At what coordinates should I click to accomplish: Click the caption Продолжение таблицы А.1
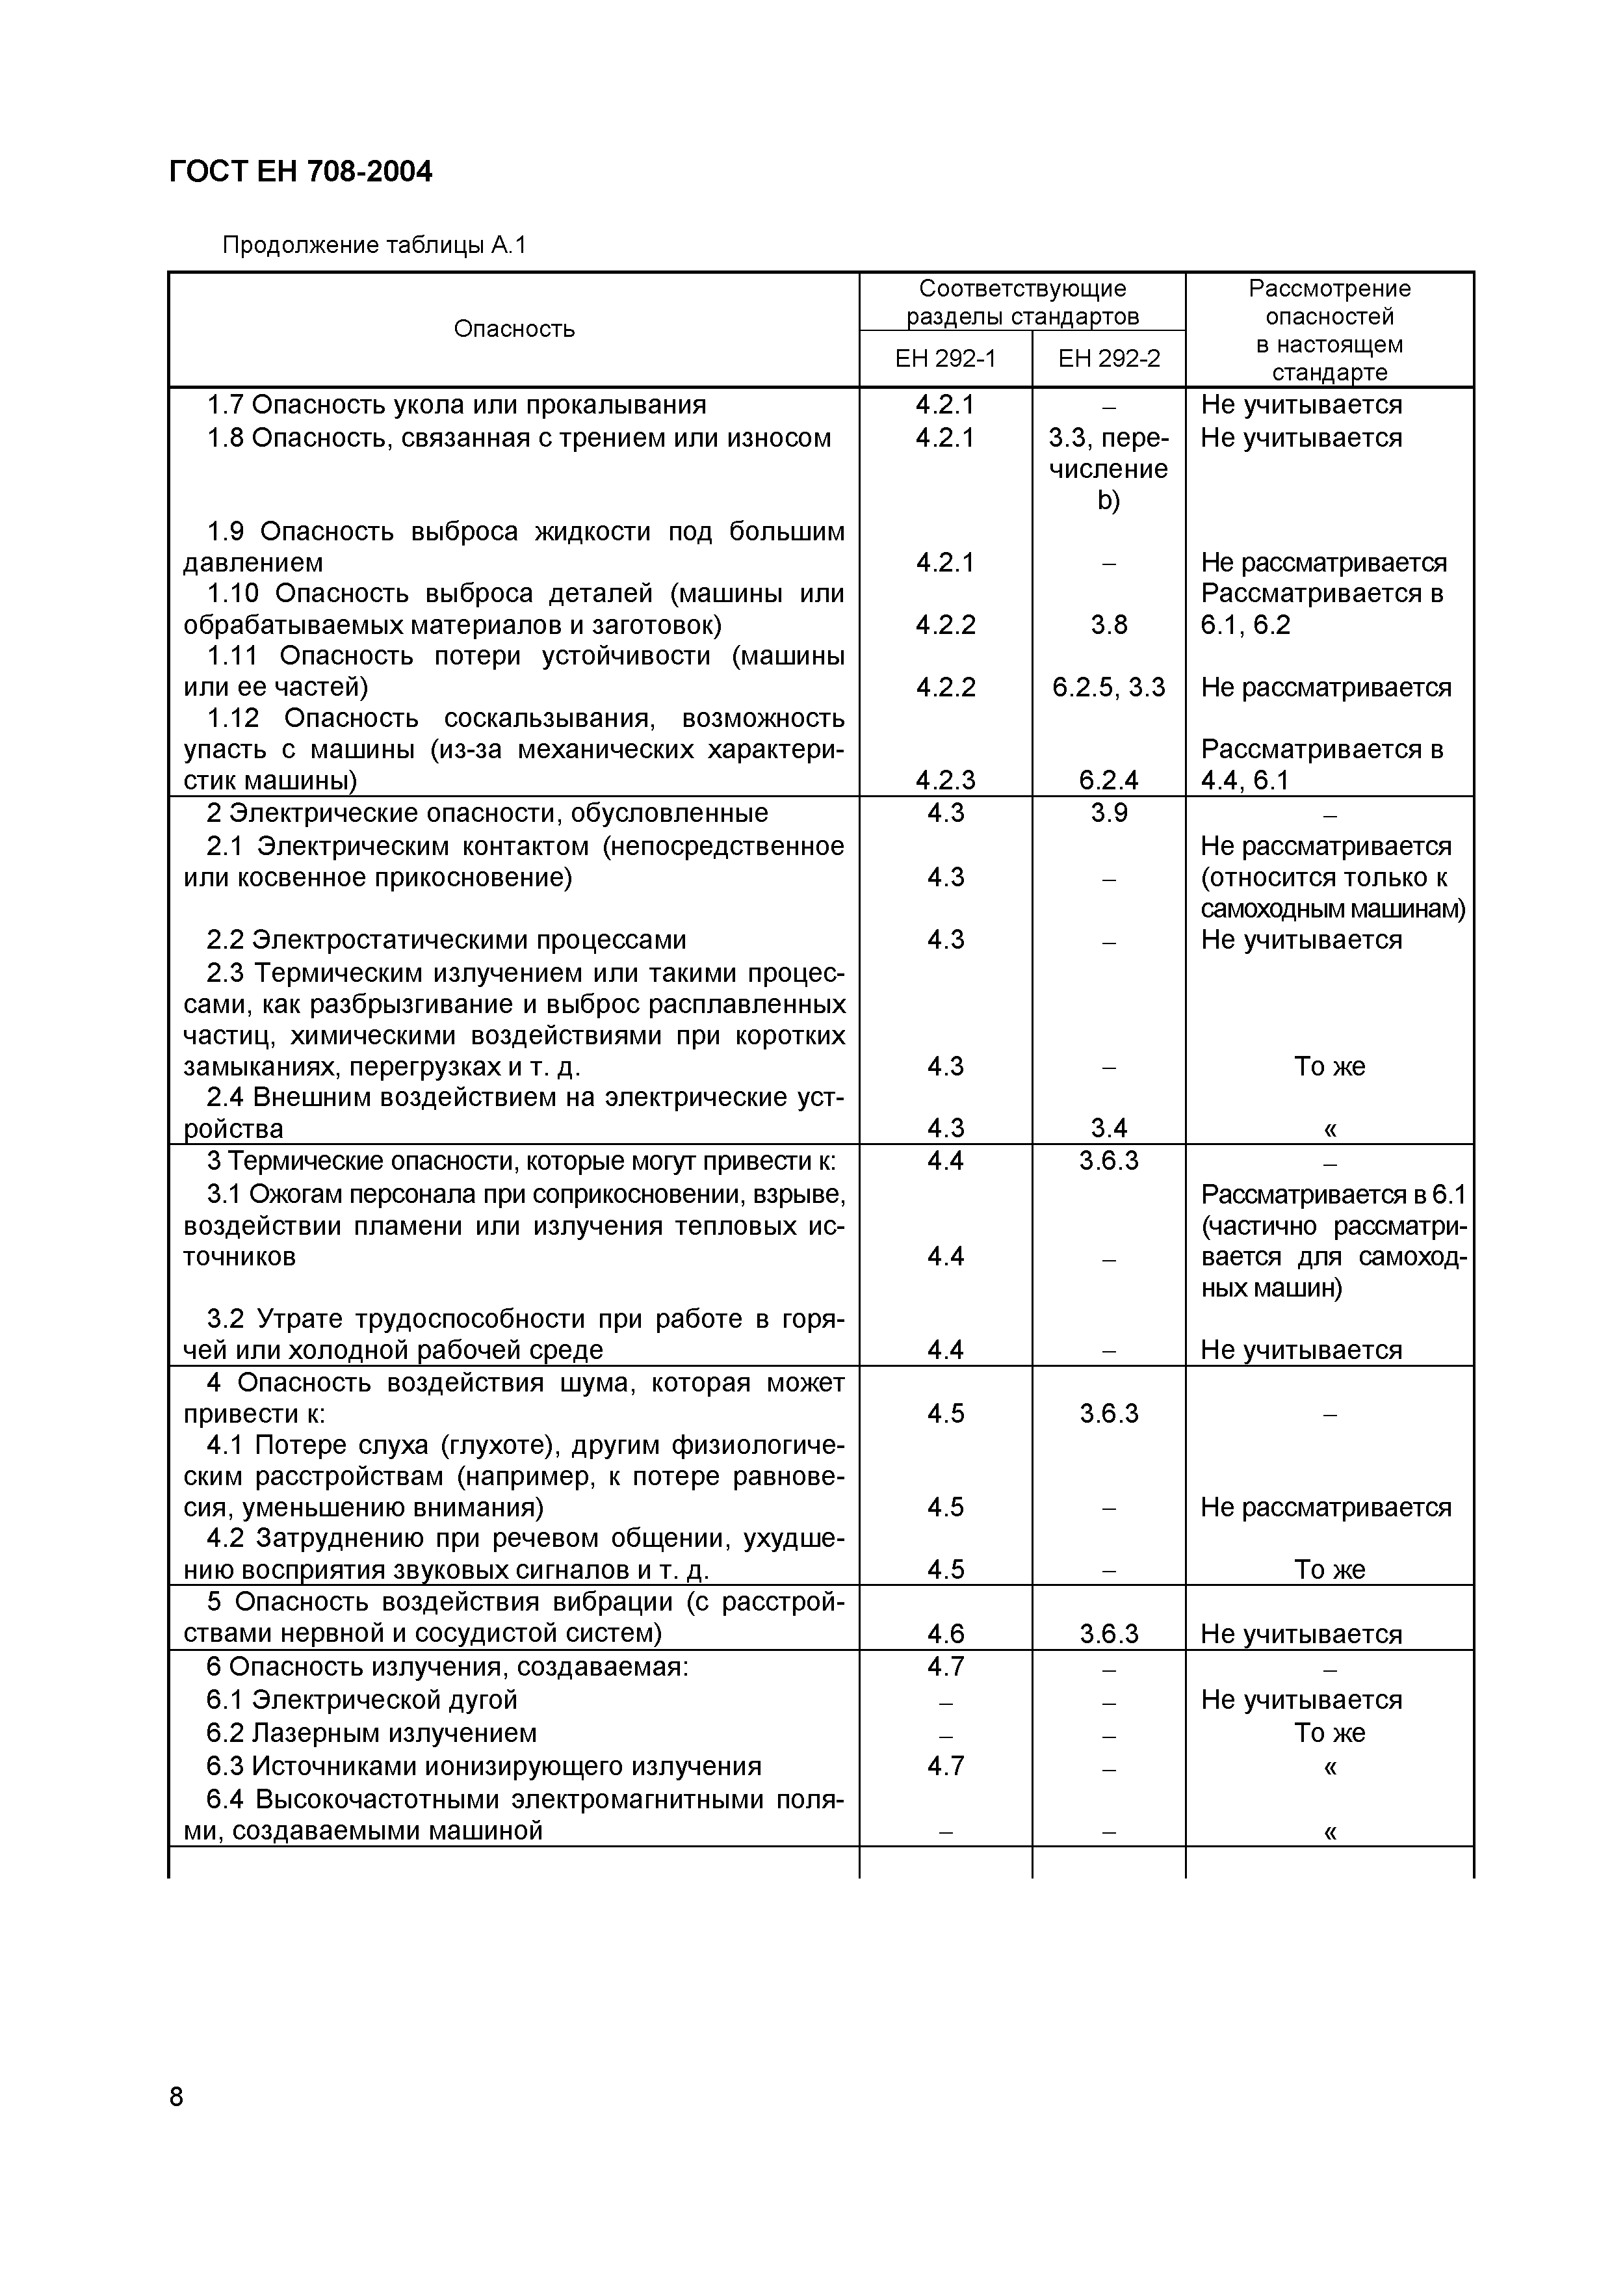point(374,244)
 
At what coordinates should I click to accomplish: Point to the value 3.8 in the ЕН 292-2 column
point(1108,625)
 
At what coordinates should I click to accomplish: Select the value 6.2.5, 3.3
point(1108,687)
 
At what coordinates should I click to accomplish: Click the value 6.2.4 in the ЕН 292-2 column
point(1108,780)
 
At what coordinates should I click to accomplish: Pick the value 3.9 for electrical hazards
point(1108,813)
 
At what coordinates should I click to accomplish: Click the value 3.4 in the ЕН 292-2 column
point(1108,1127)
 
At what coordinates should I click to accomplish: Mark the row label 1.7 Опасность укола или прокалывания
point(456,405)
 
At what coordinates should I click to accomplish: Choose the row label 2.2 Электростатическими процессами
point(446,940)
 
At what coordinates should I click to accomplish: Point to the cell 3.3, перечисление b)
point(1108,469)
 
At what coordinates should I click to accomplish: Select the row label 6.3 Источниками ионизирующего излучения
point(484,1765)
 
